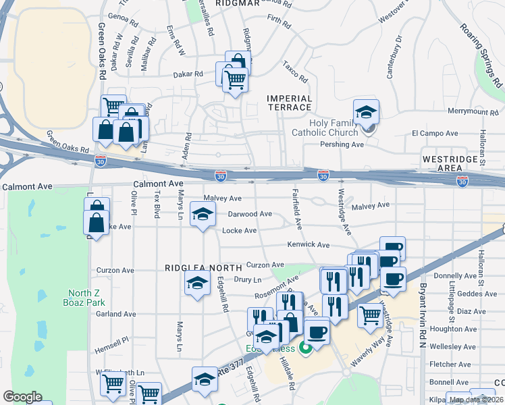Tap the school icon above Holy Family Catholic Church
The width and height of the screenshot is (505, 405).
(x=366, y=112)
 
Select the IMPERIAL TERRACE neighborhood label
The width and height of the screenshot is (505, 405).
(x=290, y=103)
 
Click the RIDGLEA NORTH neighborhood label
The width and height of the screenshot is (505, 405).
(x=203, y=268)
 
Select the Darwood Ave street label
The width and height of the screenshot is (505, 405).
(x=249, y=214)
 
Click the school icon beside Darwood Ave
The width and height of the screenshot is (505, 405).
(x=201, y=215)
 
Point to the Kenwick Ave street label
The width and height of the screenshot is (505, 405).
(x=308, y=245)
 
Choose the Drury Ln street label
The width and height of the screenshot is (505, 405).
(x=247, y=279)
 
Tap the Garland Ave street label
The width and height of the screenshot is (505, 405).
(x=115, y=314)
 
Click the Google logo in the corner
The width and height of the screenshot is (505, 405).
(x=22, y=397)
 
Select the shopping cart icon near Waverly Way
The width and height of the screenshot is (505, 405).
(x=370, y=315)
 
